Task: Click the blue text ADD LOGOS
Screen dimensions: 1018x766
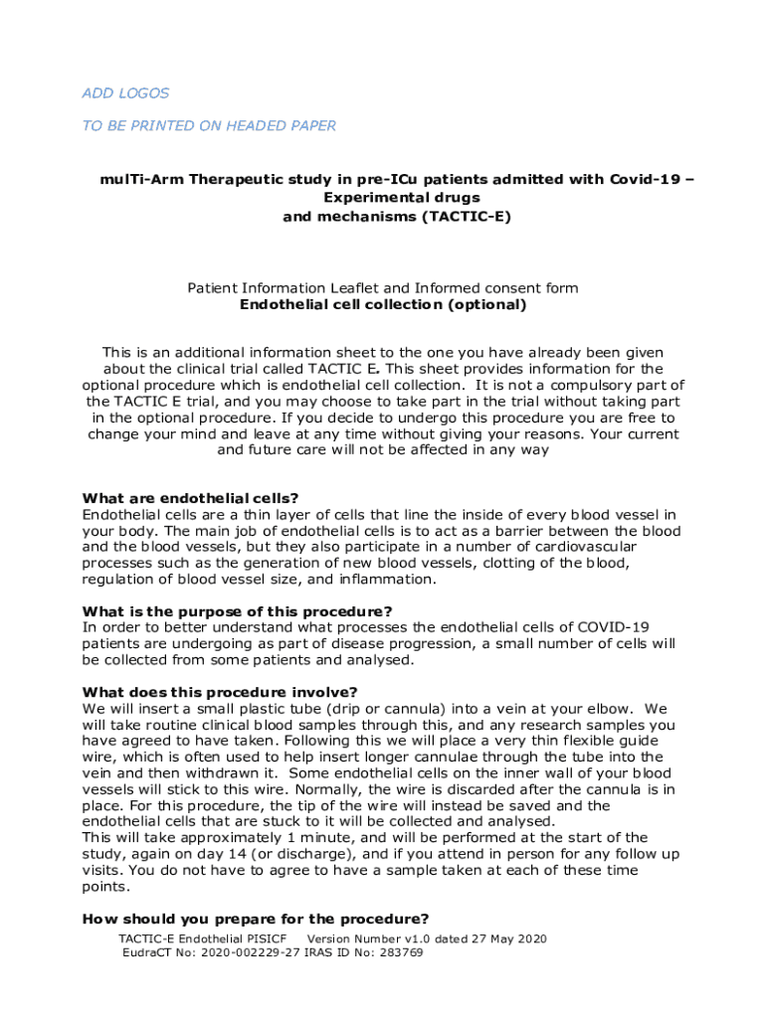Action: (125, 93)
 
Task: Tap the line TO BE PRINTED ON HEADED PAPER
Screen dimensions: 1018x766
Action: (209, 125)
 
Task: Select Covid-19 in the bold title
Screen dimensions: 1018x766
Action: (636, 180)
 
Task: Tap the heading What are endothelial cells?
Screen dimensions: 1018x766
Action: (190, 498)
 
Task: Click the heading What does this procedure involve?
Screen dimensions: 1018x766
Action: (220, 692)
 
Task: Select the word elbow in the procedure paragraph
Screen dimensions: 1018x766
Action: (607, 709)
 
